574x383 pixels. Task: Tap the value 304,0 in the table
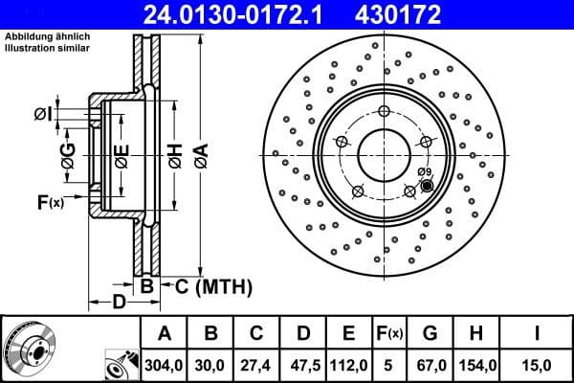tap(165, 365)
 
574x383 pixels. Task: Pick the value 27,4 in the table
tap(256, 365)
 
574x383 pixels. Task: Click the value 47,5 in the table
tap(302, 365)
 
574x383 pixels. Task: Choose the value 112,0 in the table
tap(348, 365)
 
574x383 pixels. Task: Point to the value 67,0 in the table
tap(430, 365)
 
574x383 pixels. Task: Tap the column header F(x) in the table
tap(389, 333)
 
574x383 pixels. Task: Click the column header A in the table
tap(165, 333)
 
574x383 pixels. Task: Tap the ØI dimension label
tap(42, 116)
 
